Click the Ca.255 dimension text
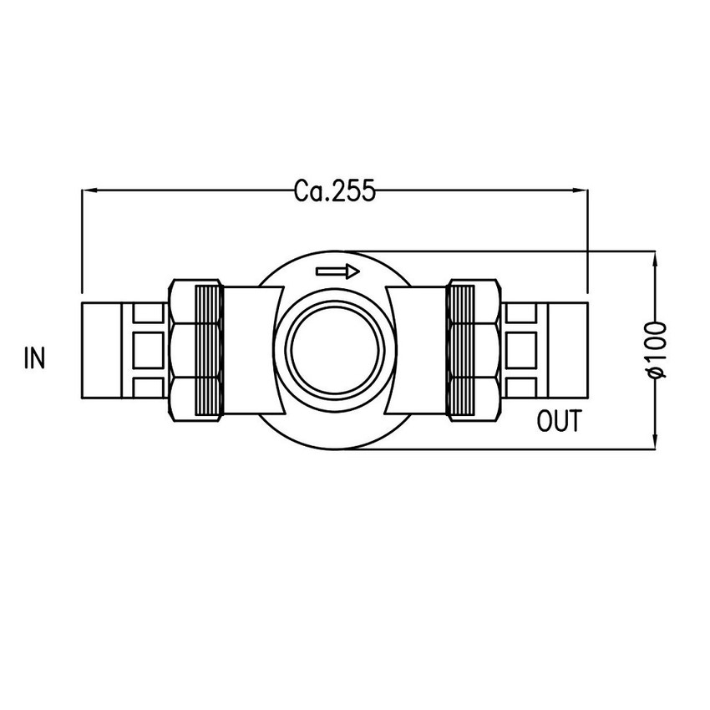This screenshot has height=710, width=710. click(x=334, y=192)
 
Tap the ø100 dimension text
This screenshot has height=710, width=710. click(x=657, y=349)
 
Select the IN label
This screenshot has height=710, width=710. click(x=34, y=358)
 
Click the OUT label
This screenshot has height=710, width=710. click(x=558, y=422)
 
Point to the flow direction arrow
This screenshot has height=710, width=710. click(x=337, y=271)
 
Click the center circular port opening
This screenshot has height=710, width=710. click(x=335, y=350)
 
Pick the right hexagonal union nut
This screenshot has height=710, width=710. click(x=489, y=350)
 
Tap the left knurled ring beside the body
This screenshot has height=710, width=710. click(x=209, y=350)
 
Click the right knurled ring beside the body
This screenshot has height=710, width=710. click(x=461, y=350)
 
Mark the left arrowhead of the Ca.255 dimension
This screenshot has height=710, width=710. click(x=90, y=191)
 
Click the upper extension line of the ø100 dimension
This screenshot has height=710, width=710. click(x=501, y=250)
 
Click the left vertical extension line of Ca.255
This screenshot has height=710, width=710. click(x=82, y=242)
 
